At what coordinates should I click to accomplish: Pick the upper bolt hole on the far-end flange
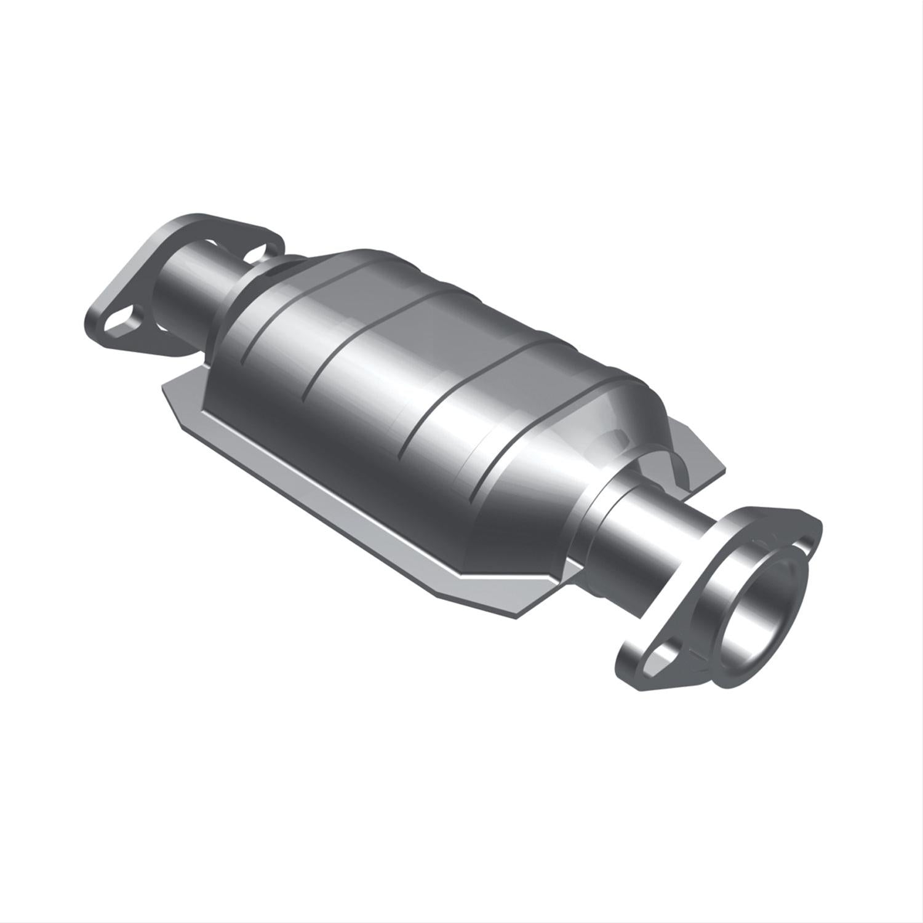[258, 251]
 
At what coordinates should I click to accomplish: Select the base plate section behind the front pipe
[695, 455]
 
